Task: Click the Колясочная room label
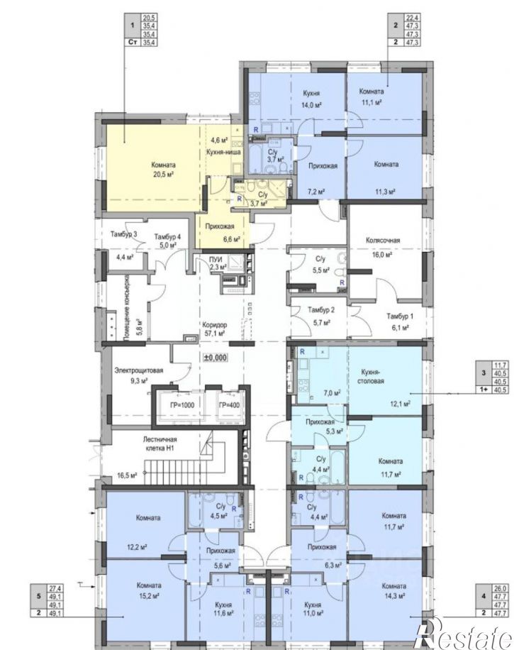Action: point(383,240)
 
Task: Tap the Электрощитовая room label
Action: point(139,370)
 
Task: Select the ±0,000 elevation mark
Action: point(216,357)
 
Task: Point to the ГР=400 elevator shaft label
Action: point(230,405)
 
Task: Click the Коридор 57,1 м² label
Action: point(214,329)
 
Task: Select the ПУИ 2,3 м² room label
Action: point(218,263)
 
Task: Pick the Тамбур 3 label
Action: point(124,233)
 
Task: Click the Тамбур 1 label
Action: point(400,316)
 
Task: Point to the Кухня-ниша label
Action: point(223,152)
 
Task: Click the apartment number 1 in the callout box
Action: point(133,26)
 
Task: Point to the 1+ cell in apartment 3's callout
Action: point(483,390)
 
